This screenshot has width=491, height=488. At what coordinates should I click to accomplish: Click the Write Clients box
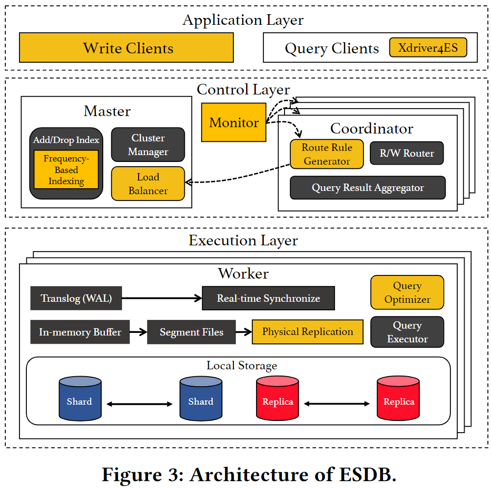click(x=126, y=48)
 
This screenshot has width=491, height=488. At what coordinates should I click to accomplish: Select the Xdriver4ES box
click(x=428, y=48)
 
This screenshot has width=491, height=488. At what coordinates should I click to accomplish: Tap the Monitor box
click(x=234, y=122)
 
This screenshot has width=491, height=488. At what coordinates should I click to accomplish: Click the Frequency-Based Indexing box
click(x=66, y=170)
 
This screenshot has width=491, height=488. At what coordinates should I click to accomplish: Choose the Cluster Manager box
click(x=148, y=145)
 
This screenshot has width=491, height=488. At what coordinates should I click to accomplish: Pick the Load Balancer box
click(x=148, y=184)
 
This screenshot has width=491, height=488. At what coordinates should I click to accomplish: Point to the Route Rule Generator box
click(x=327, y=154)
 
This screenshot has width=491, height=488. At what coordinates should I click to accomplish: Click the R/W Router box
click(x=407, y=154)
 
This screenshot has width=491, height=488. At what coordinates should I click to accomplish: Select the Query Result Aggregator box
click(x=368, y=188)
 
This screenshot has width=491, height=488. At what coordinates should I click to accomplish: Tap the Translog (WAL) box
click(x=76, y=298)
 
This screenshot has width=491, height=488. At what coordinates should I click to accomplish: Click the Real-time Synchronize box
click(x=268, y=298)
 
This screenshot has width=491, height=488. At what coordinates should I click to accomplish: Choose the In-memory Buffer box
click(x=80, y=332)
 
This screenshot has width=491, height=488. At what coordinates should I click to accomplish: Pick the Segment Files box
click(x=191, y=332)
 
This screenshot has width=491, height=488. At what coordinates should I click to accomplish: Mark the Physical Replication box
click(x=308, y=332)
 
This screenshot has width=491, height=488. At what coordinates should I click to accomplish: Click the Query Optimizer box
click(x=407, y=292)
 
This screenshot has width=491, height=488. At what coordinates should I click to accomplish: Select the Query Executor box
click(x=407, y=332)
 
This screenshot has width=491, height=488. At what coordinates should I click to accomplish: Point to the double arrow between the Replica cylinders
click(x=337, y=404)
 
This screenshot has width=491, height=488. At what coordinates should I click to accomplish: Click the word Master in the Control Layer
click(x=107, y=111)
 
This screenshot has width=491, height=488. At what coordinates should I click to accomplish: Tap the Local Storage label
click(x=242, y=366)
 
